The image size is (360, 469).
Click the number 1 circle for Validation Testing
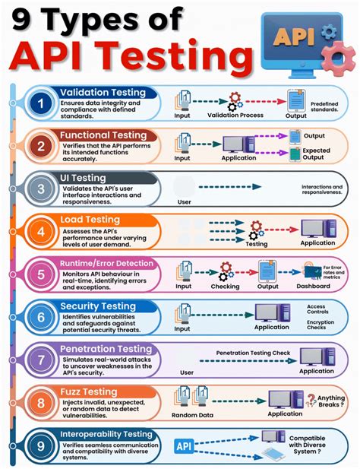(x=41, y=102)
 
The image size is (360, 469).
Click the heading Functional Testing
(x=109, y=135)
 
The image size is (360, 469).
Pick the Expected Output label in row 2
(x=317, y=155)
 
